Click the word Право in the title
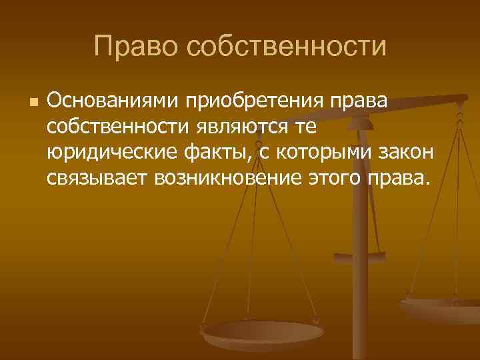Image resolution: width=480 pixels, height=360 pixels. tap(135, 46)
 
